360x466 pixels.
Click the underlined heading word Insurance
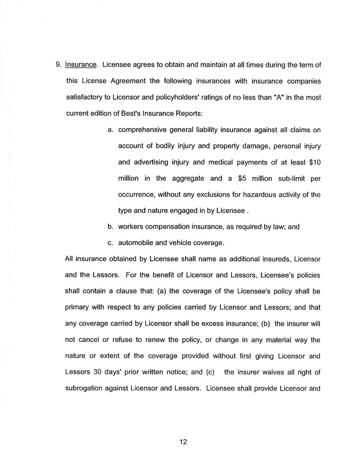pyautogui.click(x=81, y=64)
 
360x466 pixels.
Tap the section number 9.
pyautogui.click(x=59, y=64)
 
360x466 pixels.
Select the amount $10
pyautogui.click(x=312, y=162)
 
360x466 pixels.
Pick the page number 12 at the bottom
pyautogui.click(x=183, y=442)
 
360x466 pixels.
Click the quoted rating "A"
pyautogui.click(x=264, y=97)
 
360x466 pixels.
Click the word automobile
pyautogui.click(x=136, y=243)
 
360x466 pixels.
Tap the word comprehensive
pyautogui.click(x=143, y=130)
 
